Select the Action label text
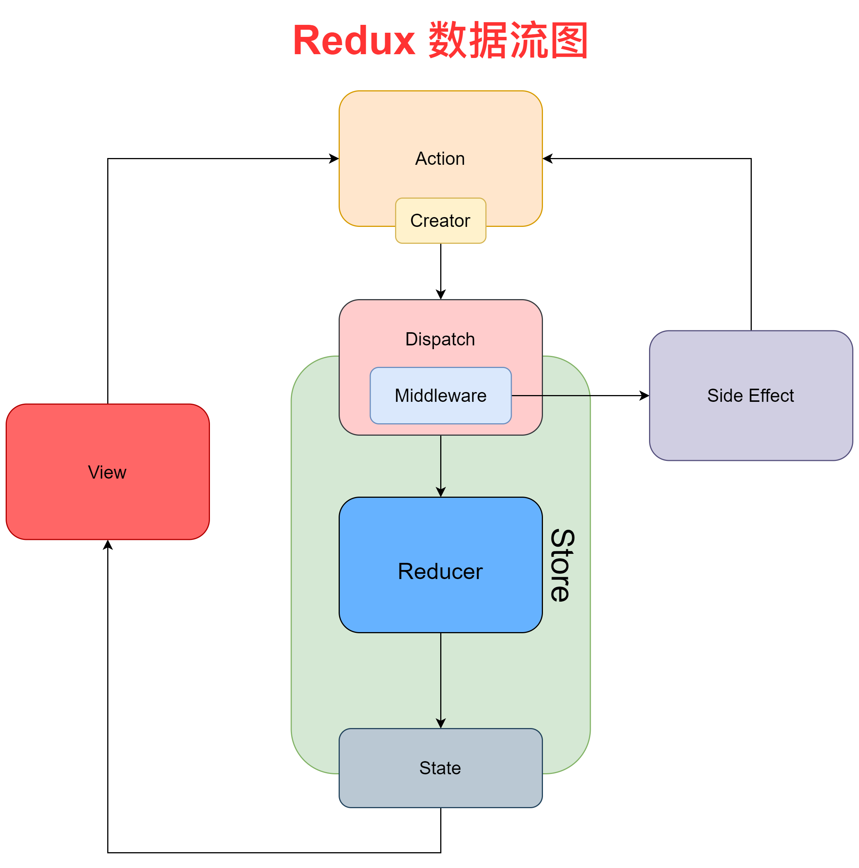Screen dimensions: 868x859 coord(440,159)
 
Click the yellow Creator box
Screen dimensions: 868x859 coord(440,220)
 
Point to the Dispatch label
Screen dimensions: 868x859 coord(440,339)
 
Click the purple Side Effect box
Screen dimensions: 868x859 coord(750,422)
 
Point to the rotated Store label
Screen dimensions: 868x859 coord(562,565)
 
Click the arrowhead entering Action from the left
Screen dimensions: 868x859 coord(334,159)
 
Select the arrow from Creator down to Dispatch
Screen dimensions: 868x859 coord(441,269)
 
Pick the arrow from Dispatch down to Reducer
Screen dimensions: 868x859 coord(441,465)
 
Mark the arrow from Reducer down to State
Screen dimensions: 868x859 coord(441,678)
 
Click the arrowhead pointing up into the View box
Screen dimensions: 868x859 coord(108,545)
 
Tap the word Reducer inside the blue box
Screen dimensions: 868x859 coord(440,572)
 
